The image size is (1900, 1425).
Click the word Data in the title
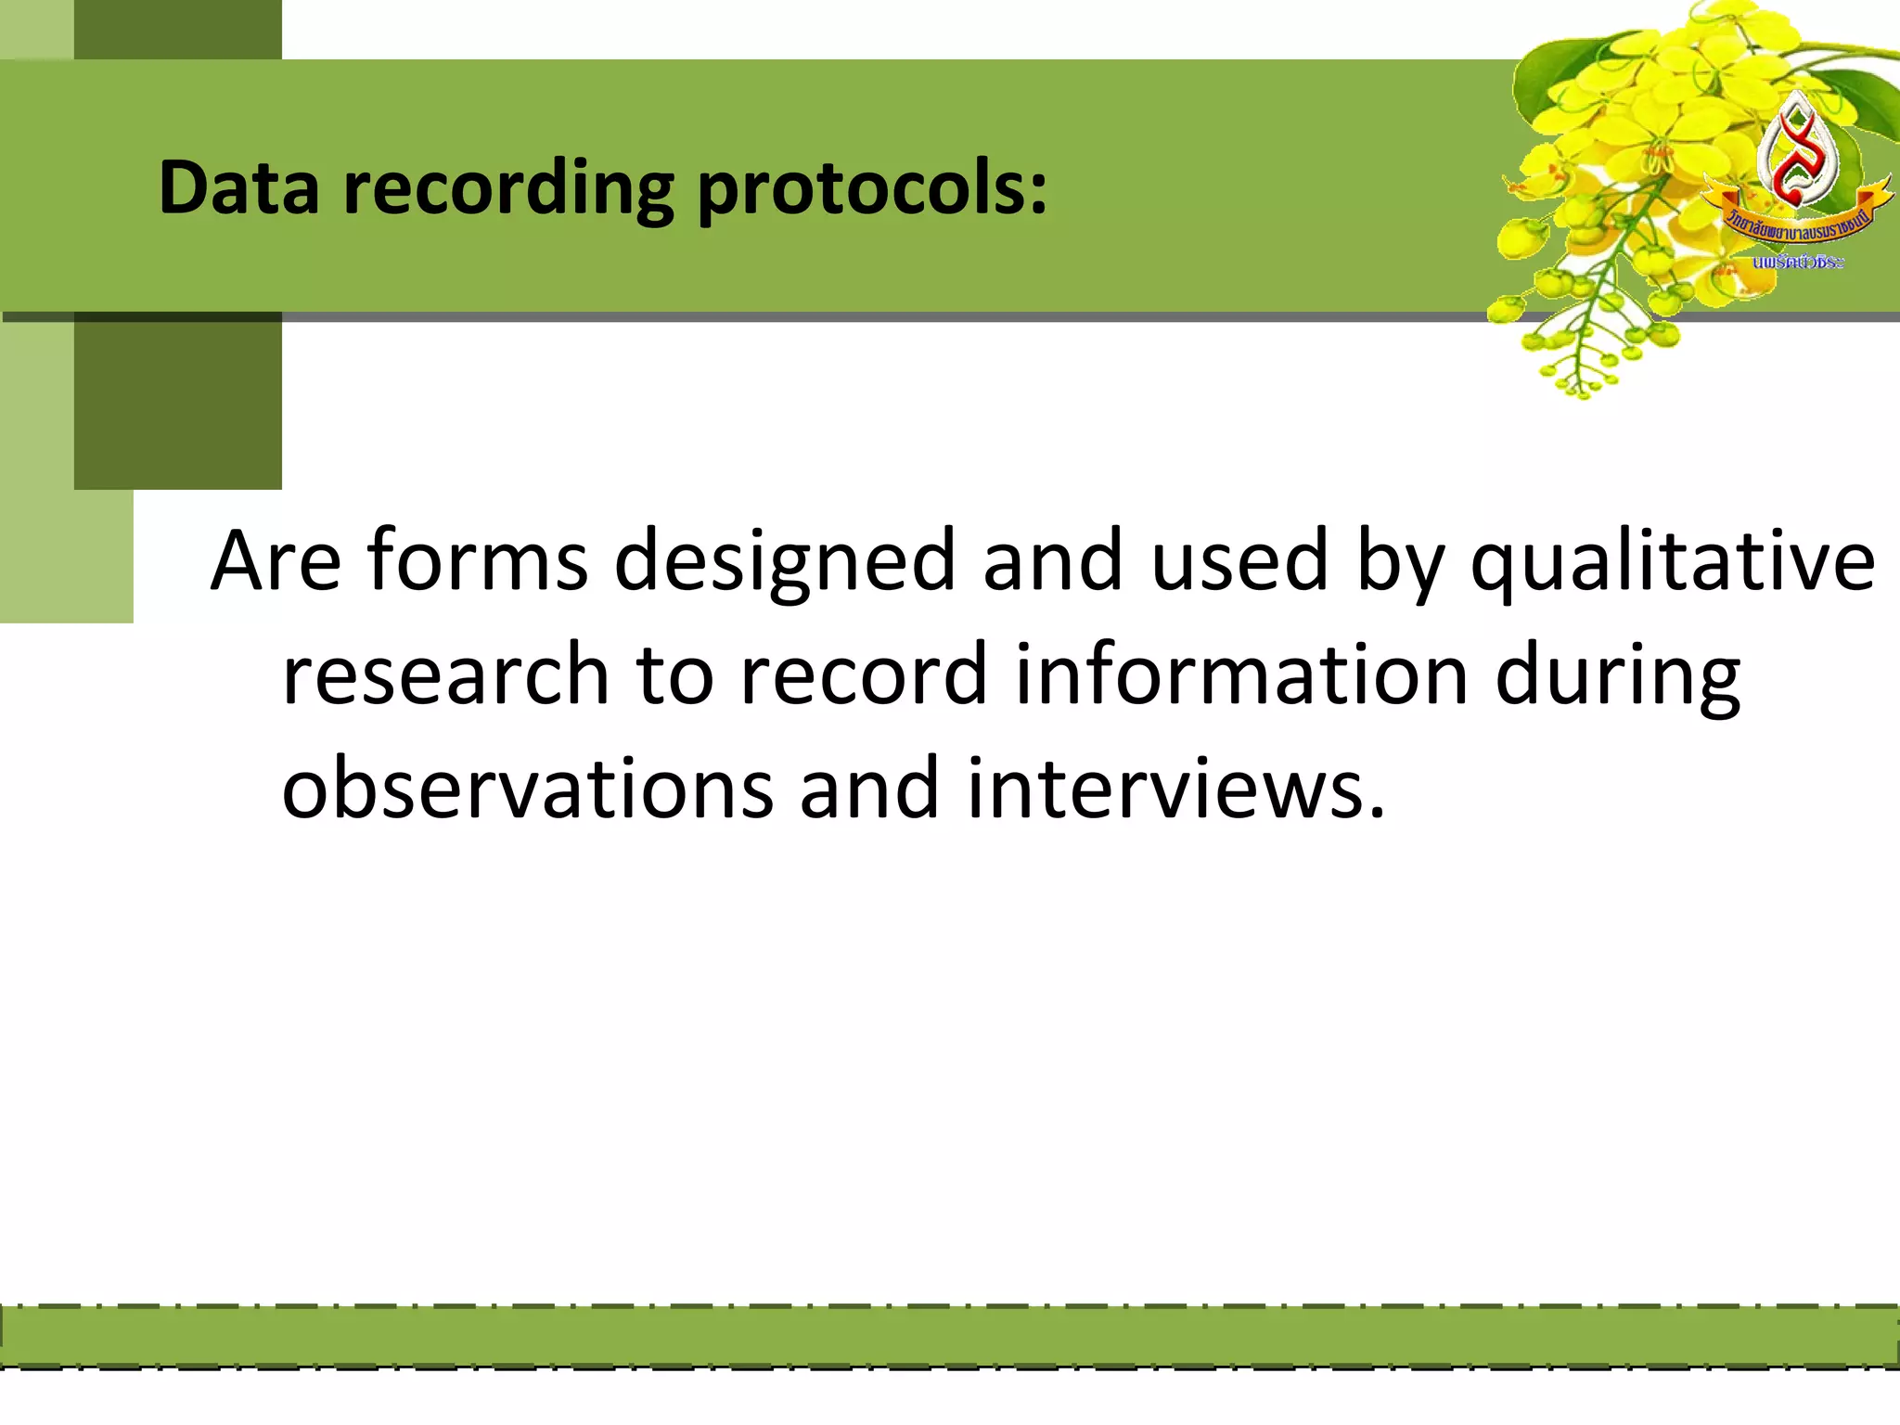(x=238, y=187)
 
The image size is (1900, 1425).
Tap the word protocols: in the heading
(x=872, y=189)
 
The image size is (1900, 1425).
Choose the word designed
(x=784, y=562)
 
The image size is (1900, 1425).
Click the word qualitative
(x=1673, y=562)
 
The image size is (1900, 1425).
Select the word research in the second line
(x=445, y=675)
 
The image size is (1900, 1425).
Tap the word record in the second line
(x=863, y=675)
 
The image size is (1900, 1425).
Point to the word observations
(x=527, y=789)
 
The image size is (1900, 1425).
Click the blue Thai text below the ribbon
(x=1798, y=263)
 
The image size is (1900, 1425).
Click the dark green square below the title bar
(x=177, y=404)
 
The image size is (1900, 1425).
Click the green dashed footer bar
(x=950, y=1337)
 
